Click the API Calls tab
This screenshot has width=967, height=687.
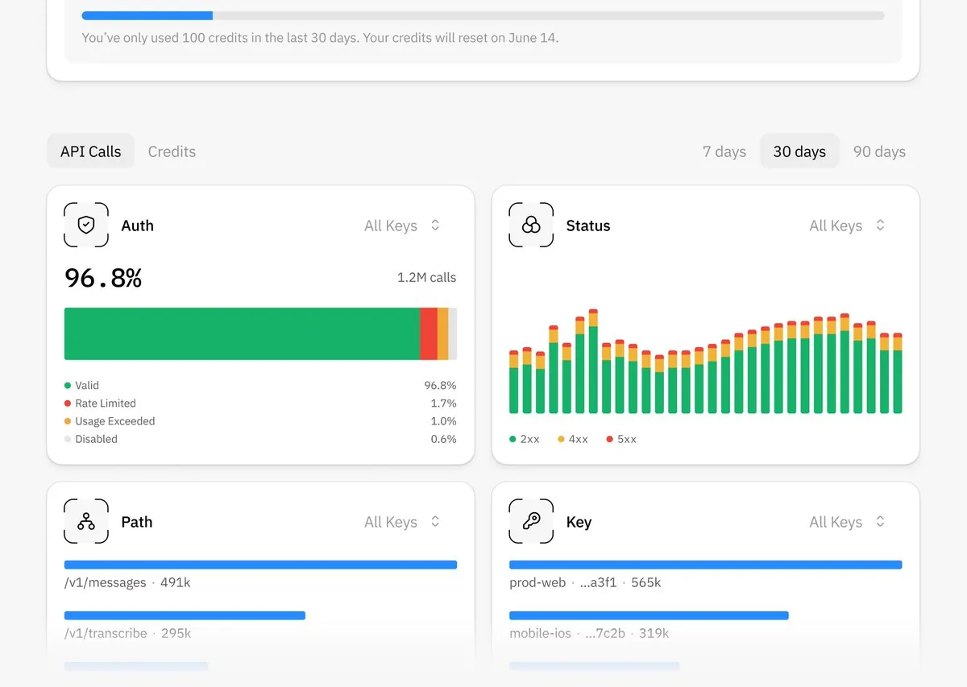pyautogui.click(x=90, y=151)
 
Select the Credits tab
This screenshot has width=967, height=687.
pyautogui.click(x=172, y=151)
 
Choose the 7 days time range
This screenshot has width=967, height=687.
pyautogui.click(x=724, y=151)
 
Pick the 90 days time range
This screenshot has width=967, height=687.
pyautogui.click(x=879, y=151)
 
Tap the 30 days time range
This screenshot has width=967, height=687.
pyautogui.click(x=799, y=151)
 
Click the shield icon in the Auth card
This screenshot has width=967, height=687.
pyautogui.click(x=86, y=225)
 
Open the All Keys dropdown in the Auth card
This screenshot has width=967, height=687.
pyautogui.click(x=402, y=226)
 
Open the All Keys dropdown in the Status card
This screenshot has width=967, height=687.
pyautogui.click(x=847, y=226)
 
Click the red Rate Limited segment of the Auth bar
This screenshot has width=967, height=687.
pyautogui.click(x=428, y=333)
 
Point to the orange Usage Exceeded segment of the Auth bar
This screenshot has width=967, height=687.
pyautogui.click(x=442, y=333)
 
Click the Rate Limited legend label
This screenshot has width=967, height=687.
pyautogui.click(x=106, y=403)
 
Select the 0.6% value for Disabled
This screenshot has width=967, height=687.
pyautogui.click(x=443, y=439)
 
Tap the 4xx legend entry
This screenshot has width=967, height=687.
pyautogui.click(x=572, y=439)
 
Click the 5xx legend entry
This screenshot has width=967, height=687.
pyautogui.click(x=621, y=439)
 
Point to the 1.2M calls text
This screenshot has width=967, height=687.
pyautogui.click(x=426, y=277)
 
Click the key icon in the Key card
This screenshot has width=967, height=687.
pyautogui.click(x=531, y=521)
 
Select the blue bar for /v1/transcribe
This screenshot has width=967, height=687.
pyautogui.click(x=185, y=615)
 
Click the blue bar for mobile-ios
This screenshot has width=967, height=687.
pyautogui.click(x=649, y=615)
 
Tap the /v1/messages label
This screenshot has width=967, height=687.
pyautogui.click(x=106, y=582)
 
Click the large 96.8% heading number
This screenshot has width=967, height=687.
pyautogui.click(x=103, y=278)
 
